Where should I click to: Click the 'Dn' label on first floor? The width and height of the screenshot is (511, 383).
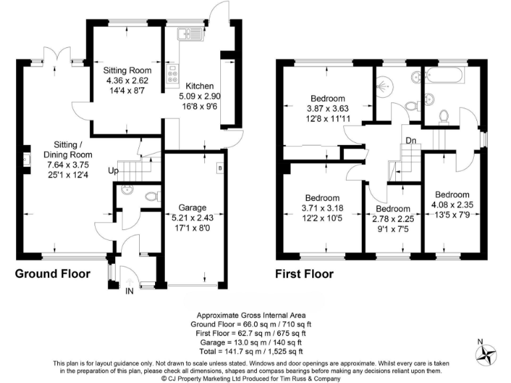tap(412, 140)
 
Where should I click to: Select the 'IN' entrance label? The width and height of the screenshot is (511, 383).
tap(129, 291)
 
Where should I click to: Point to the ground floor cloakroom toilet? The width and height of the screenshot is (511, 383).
tap(151, 196)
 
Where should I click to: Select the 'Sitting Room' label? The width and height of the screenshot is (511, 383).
tap(127, 70)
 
